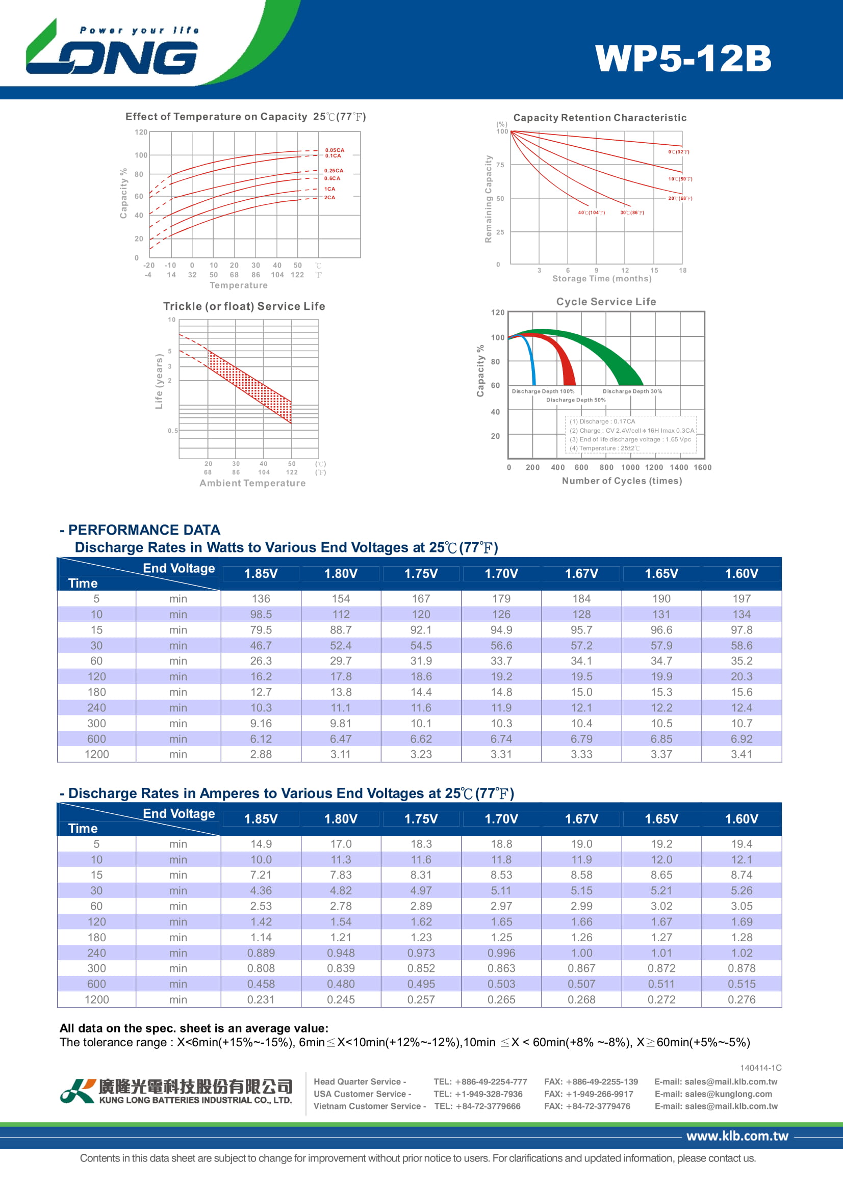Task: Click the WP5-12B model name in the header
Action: coord(682,58)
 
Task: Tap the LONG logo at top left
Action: coord(112,50)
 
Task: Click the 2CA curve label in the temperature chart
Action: coord(330,198)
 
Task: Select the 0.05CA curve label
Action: coord(335,150)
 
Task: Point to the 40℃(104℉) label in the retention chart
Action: coord(591,213)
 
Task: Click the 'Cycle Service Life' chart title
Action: coord(606,302)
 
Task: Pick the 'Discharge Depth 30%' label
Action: coord(632,391)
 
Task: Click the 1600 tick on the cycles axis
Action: coord(702,467)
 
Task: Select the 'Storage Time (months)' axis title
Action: coord(601,279)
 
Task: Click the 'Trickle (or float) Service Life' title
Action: coord(244,306)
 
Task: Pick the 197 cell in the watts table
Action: coord(741,599)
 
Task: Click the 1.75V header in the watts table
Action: coord(421,574)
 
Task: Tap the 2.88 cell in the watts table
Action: coord(261,754)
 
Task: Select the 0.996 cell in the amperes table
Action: coord(501,952)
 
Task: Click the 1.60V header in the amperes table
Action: coord(741,819)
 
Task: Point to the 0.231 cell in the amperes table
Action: coord(261,999)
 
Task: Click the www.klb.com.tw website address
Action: coord(737,1136)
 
